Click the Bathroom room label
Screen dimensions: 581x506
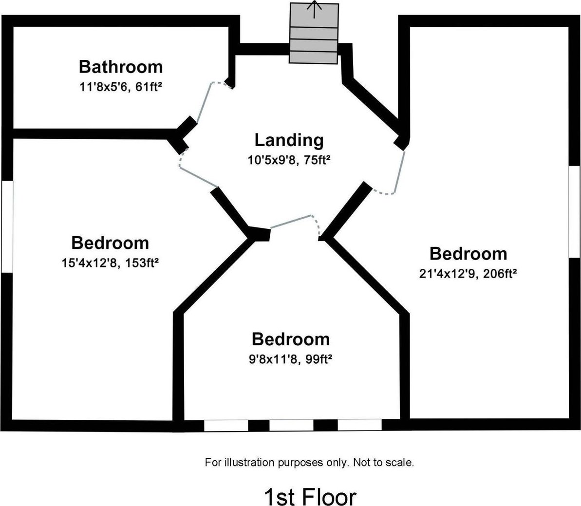tap(121, 67)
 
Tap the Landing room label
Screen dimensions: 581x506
tap(289, 140)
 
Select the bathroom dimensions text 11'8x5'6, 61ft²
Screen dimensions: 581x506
tap(121, 87)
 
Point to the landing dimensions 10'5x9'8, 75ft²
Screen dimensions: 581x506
tap(289, 160)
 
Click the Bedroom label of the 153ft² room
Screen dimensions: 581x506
tap(110, 243)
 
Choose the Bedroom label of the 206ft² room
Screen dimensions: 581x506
tap(469, 254)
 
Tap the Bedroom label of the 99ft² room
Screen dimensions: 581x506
tap(290, 339)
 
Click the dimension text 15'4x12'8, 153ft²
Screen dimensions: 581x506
tap(110, 263)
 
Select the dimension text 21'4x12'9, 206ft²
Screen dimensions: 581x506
tap(468, 274)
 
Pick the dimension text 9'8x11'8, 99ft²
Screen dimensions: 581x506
tap(290, 359)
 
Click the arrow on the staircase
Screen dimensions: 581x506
tap(314, 9)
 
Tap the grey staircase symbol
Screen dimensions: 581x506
tap(314, 33)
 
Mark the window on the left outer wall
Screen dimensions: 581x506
tap(7, 226)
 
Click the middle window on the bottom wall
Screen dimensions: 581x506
tap(291, 425)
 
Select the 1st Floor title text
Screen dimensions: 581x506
tap(310, 497)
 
